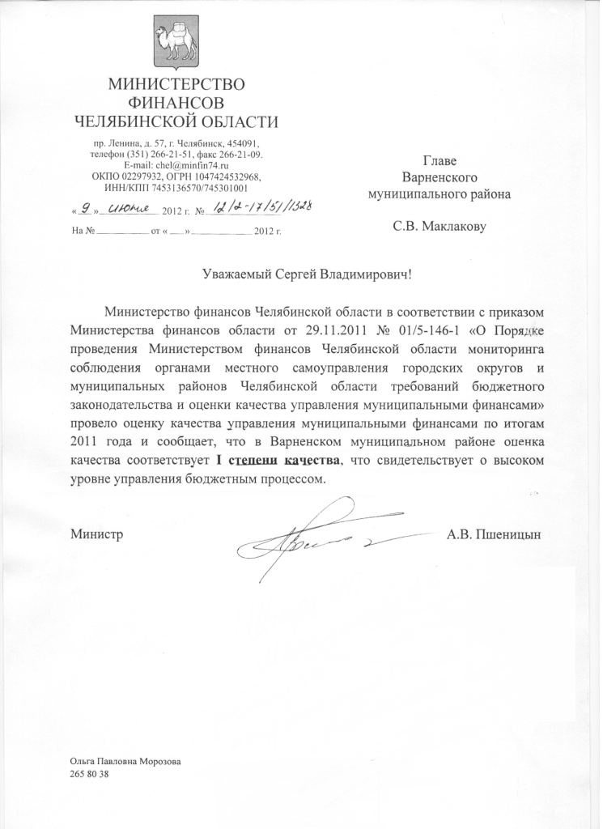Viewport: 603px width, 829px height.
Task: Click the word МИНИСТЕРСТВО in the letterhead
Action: coord(176,84)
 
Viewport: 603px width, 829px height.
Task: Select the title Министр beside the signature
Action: coord(96,534)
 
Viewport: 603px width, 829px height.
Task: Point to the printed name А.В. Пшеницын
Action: coord(494,534)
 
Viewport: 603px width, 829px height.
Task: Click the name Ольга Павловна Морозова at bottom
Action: coord(125,762)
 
